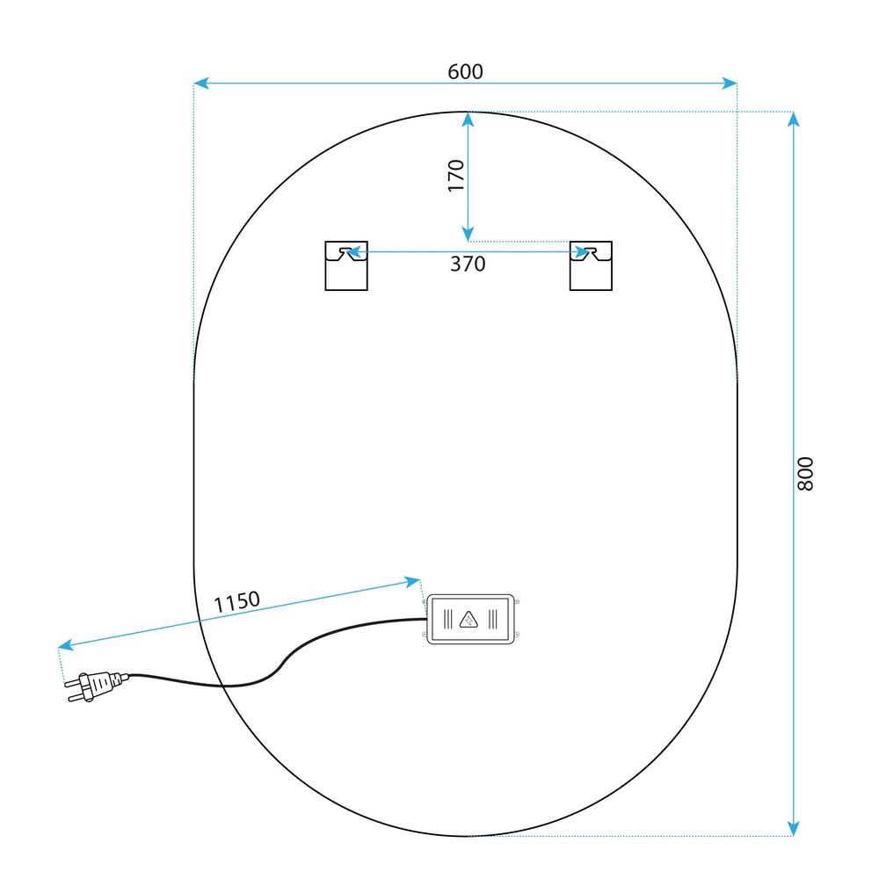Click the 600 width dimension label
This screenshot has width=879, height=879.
(x=465, y=72)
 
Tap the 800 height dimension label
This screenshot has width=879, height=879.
(x=805, y=474)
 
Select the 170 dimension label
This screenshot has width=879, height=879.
(x=456, y=176)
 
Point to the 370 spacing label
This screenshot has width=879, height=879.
(x=468, y=264)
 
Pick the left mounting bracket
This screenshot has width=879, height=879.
(x=346, y=265)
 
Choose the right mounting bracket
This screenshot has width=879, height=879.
(x=591, y=265)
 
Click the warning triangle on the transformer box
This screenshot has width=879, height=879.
(x=469, y=620)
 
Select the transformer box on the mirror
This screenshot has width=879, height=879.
(x=471, y=619)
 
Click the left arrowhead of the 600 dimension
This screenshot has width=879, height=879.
(x=200, y=84)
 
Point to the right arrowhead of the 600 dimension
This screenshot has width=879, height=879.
(x=730, y=84)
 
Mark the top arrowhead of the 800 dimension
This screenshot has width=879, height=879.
(x=793, y=119)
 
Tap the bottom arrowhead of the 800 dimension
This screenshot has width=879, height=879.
(x=793, y=829)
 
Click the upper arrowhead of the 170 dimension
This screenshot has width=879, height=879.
(x=469, y=120)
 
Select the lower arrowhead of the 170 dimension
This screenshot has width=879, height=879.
(x=469, y=235)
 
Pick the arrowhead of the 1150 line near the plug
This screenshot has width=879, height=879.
(x=66, y=645)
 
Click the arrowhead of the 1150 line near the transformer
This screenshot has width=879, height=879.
(x=412, y=581)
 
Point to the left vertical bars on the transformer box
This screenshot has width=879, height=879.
(x=448, y=620)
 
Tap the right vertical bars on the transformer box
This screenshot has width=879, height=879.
(x=493, y=620)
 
